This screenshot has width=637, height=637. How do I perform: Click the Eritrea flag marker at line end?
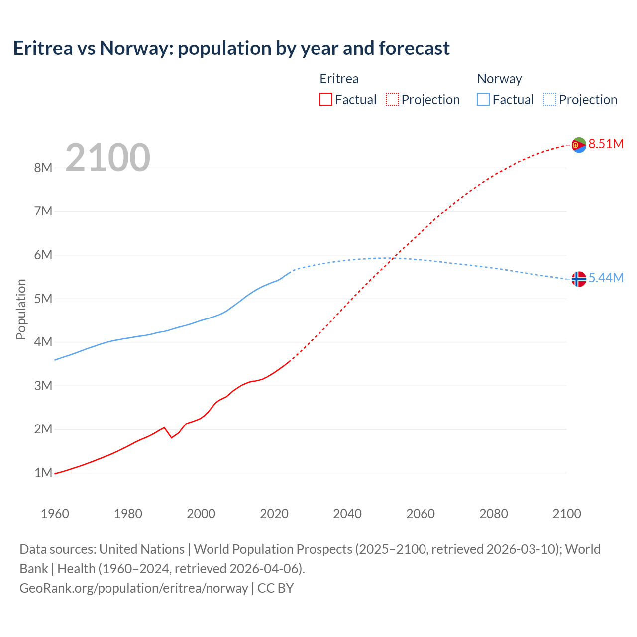579,145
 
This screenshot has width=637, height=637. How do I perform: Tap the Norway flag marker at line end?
579,279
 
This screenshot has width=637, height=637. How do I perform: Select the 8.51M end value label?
606,144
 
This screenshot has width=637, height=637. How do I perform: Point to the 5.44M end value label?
606,278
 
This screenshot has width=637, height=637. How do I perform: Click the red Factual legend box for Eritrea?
325,99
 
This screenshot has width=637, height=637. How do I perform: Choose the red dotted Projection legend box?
392,99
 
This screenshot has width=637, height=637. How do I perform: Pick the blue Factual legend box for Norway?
483,99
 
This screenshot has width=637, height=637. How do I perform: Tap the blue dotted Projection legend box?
550,99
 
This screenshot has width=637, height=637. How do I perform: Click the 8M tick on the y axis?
43,168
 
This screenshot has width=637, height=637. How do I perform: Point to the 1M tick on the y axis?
43,473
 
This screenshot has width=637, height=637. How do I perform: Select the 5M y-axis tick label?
43,299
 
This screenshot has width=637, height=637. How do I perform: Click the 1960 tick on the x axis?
55,514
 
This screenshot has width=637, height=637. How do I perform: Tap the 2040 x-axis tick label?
347,514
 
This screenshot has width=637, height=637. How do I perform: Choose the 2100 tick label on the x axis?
566,514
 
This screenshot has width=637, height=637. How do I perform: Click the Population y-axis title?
21,309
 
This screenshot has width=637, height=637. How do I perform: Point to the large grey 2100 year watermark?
107,158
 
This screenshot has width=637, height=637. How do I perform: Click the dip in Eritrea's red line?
172,437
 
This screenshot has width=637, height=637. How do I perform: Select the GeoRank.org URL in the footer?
133,588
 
